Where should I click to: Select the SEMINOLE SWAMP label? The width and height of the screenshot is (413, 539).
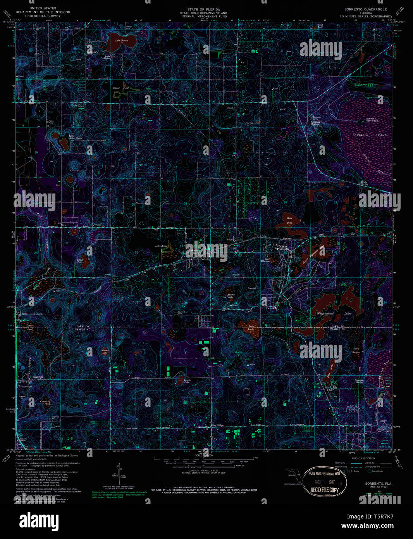pyautogui.click(x=369, y=135)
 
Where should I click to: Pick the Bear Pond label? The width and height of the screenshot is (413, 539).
pyautogui.click(x=289, y=221)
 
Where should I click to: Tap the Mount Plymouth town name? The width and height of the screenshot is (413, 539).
pyautogui.click(x=283, y=247)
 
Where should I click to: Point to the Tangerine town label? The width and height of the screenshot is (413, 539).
pyautogui.click(x=37, y=377)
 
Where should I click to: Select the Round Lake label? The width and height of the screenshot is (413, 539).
pyautogui.click(x=105, y=352)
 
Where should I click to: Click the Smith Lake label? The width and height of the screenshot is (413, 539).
pyautogui.click(x=187, y=381)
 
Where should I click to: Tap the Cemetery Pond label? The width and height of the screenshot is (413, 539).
pyautogui.click(x=45, y=402)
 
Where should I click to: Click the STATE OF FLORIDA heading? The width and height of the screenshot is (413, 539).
pyautogui.click(x=203, y=9)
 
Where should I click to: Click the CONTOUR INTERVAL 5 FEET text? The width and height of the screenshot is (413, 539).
pyautogui.click(x=198, y=470)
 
